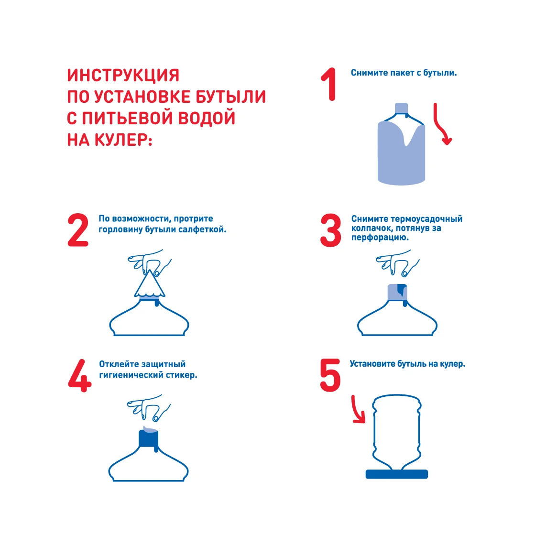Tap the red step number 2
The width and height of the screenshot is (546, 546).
77,230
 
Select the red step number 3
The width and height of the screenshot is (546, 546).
330,230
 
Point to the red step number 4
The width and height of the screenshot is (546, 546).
80,376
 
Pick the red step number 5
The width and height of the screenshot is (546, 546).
330,375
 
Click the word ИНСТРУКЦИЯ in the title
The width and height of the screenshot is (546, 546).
123,75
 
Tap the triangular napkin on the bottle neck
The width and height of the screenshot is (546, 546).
150,285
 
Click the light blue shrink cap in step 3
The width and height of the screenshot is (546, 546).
397,292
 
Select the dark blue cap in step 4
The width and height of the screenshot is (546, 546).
149,439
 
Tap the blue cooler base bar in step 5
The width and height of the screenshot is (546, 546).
397,474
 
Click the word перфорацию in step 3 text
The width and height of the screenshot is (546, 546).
379,238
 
